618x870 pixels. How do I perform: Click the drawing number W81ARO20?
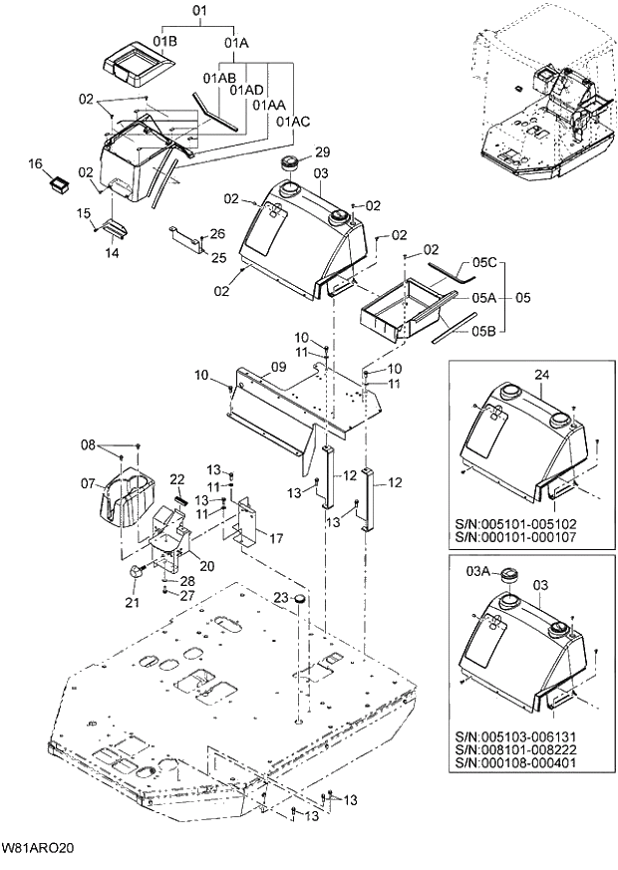point(38,849)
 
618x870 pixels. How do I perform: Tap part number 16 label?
point(35,163)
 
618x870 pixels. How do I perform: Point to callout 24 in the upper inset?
point(542,375)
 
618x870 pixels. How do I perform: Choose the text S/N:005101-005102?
point(527,523)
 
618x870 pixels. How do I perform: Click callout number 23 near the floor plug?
point(282,598)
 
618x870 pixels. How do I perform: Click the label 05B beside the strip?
point(483,331)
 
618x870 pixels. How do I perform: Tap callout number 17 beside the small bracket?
point(276,538)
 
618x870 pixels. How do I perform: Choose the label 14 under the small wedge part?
point(112,253)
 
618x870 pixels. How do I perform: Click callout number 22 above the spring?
point(177,479)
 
